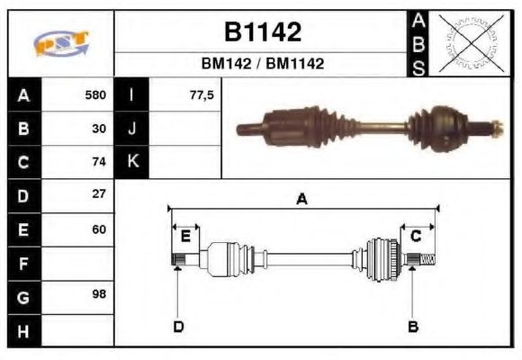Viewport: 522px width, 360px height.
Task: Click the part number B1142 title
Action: tap(262, 33)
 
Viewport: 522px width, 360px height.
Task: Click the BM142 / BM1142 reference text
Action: tap(262, 64)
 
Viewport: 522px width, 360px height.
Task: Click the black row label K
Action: tap(132, 162)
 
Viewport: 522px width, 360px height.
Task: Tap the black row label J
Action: tap(132, 128)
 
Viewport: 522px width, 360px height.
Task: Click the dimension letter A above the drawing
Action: tap(301, 200)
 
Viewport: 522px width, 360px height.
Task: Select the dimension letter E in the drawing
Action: tap(185, 237)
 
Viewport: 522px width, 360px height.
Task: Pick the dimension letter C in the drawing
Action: tap(416, 237)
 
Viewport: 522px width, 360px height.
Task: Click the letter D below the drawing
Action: tap(178, 326)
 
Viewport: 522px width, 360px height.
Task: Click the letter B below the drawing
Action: tap(413, 326)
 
